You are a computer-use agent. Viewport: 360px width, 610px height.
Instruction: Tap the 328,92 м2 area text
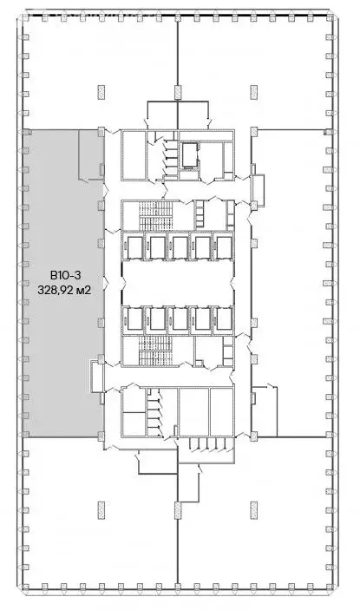click(x=65, y=292)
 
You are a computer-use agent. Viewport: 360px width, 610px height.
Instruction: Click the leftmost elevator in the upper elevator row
click(x=134, y=247)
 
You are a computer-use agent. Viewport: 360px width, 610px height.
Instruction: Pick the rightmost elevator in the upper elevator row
click(x=224, y=247)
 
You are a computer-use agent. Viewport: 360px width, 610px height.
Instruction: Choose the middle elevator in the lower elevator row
click(x=180, y=318)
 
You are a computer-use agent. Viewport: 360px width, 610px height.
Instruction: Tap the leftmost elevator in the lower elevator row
click(x=134, y=318)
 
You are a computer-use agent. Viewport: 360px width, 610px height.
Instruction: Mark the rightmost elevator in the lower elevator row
click(x=224, y=318)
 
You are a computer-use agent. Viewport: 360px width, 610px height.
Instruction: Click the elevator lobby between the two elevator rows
click(x=180, y=283)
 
